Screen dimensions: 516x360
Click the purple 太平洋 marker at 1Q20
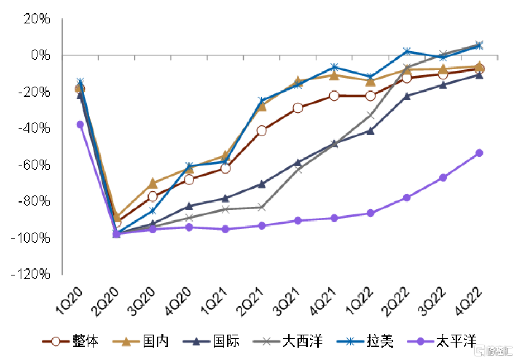click(x=80, y=124)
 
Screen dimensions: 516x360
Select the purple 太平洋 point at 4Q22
click(x=480, y=153)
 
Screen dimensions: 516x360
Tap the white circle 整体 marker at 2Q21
click(x=261, y=131)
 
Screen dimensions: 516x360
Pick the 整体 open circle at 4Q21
click(x=334, y=96)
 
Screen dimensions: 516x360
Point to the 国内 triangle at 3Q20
click(x=153, y=183)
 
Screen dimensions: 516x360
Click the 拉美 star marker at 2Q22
click(x=407, y=51)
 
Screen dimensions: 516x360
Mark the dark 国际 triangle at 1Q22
click(x=371, y=131)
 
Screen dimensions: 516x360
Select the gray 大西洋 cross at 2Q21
click(x=261, y=208)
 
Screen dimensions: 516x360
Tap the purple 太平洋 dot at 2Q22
click(x=407, y=198)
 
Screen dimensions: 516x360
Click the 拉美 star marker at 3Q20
click(x=153, y=210)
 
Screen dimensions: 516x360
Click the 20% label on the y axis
click(x=37, y=19)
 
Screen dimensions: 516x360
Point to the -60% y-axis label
click(x=34, y=165)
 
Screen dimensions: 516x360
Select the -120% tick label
click(x=31, y=274)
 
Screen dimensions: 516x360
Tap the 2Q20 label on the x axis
click(x=104, y=302)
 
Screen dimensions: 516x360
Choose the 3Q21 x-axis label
click(x=286, y=302)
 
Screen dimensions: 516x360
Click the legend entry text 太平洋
click(x=456, y=341)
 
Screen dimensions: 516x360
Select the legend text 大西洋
click(x=303, y=341)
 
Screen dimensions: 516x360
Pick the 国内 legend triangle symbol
click(x=126, y=342)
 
